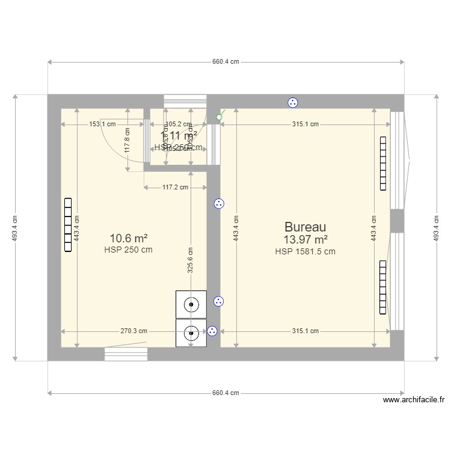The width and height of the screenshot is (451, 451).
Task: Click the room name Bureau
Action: tap(305, 227)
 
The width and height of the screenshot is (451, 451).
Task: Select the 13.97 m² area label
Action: tap(305, 240)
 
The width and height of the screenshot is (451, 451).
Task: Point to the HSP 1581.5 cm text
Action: tap(305, 252)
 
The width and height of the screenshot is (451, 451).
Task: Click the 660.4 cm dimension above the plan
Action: tap(226, 62)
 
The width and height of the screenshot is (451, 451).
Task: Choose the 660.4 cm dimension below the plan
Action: tap(226, 393)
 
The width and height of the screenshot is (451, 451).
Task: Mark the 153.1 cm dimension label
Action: tap(102, 124)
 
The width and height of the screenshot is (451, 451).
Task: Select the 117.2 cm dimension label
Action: tap(176, 188)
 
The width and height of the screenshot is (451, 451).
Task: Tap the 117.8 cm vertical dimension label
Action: tap(127, 141)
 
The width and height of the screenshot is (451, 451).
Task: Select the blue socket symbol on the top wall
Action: tap(293, 102)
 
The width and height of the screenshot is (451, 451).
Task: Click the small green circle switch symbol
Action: tap(219, 117)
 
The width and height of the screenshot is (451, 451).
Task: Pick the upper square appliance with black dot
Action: tap(191, 304)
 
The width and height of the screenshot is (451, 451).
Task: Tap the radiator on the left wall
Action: tap(68, 226)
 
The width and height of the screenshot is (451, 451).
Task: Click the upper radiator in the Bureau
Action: tap(382, 164)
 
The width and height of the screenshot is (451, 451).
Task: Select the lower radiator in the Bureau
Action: tap(382, 287)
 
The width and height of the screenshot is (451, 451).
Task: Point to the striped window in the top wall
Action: tap(185, 101)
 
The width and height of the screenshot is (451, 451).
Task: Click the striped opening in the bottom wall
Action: tap(126, 354)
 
